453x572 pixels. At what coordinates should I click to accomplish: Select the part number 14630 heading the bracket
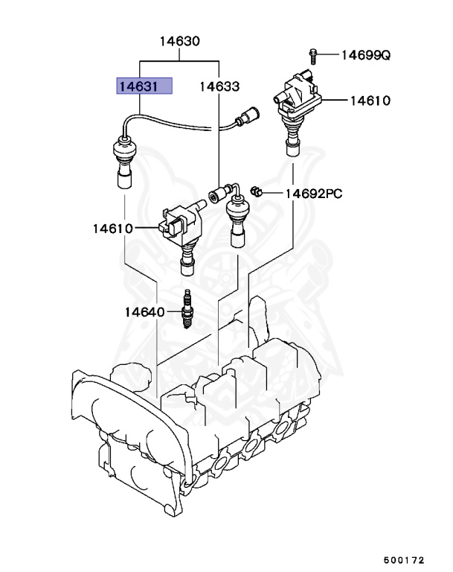[x=179, y=42]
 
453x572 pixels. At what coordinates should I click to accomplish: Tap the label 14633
[x=219, y=86]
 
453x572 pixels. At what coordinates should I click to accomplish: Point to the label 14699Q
[x=365, y=54]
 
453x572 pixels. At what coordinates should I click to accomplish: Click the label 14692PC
[x=313, y=194]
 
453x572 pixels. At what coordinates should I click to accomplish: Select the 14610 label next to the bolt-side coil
[x=365, y=100]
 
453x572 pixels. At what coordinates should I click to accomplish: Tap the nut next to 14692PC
[x=255, y=193]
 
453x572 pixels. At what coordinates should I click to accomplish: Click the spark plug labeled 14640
[x=187, y=312]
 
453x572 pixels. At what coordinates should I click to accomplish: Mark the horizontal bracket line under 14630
[x=179, y=60]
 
